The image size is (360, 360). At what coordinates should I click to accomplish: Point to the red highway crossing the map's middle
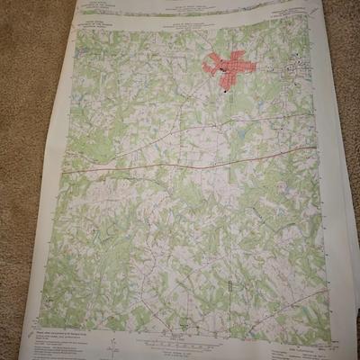[x=180, y=164]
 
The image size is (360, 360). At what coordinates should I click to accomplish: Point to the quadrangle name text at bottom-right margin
[x=297, y=335]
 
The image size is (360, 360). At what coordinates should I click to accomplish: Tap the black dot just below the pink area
[x=221, y=89]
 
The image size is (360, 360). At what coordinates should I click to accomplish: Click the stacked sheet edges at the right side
[x=346, y=225]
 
